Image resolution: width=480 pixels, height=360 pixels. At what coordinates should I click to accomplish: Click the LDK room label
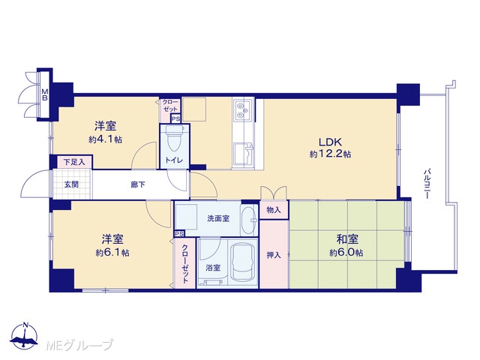tap(330, 142)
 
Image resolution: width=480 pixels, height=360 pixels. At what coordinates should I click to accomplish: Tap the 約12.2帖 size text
tap(330, 154)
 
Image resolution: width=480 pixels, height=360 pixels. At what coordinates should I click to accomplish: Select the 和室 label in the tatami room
tap(347, 239)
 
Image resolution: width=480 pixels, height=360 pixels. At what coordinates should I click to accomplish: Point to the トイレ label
tap(174, 160)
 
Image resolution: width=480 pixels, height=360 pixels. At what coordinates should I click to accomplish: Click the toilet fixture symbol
tap(174, 139)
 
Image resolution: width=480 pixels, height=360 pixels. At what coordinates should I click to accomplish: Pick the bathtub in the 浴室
tap(242, 262)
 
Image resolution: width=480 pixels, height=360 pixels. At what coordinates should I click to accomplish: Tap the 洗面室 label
tap(218, 218)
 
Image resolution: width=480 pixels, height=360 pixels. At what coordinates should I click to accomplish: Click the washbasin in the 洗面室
tap(249, 220)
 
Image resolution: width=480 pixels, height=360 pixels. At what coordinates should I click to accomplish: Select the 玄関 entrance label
tap(71, 184)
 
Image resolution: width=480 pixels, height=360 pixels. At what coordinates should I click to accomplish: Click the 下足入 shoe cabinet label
tap(74, 162)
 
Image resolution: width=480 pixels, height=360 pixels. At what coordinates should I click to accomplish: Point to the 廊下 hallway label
tap(138, 184)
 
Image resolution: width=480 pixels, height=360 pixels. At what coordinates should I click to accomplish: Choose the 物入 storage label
tap(273, 210)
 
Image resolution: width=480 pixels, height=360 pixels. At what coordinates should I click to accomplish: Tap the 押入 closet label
tap(273, 255)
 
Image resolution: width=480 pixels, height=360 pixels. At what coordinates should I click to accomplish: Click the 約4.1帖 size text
tap(106, 139)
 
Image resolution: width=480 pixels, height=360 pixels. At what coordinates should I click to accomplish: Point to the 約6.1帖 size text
tap(112, 253)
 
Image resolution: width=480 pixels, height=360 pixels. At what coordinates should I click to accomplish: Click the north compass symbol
tap(25, 336)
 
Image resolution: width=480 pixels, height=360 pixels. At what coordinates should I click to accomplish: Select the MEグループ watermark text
tap(79, 345)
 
